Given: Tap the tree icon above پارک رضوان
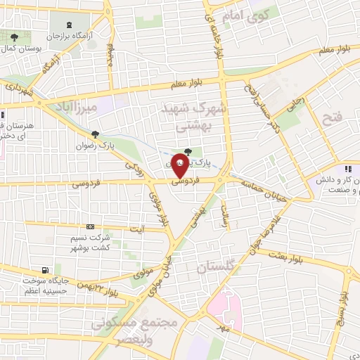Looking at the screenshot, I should point(96,135).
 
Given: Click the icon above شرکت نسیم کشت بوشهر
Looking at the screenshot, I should point(89,226).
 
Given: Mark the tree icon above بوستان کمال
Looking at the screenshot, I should point(14,35).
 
